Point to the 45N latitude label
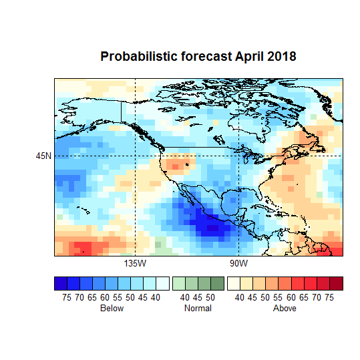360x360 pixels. [44, 156]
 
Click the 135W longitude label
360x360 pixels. [136, 263]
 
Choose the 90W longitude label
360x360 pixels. [238, 263]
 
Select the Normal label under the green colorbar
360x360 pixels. [198, 309]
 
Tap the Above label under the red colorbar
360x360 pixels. [285, 309]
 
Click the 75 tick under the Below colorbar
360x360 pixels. [67, 297]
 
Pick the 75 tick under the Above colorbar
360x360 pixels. [329, 297]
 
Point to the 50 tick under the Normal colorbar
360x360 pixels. [210, 297]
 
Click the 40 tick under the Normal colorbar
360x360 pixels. [185, 297]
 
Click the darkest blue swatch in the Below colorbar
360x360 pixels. [61, 283]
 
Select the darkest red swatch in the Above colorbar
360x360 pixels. [336, 283]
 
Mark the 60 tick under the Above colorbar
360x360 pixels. [291, 297]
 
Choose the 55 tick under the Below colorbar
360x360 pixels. [118, 297]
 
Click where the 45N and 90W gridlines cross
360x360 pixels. [238, 156]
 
